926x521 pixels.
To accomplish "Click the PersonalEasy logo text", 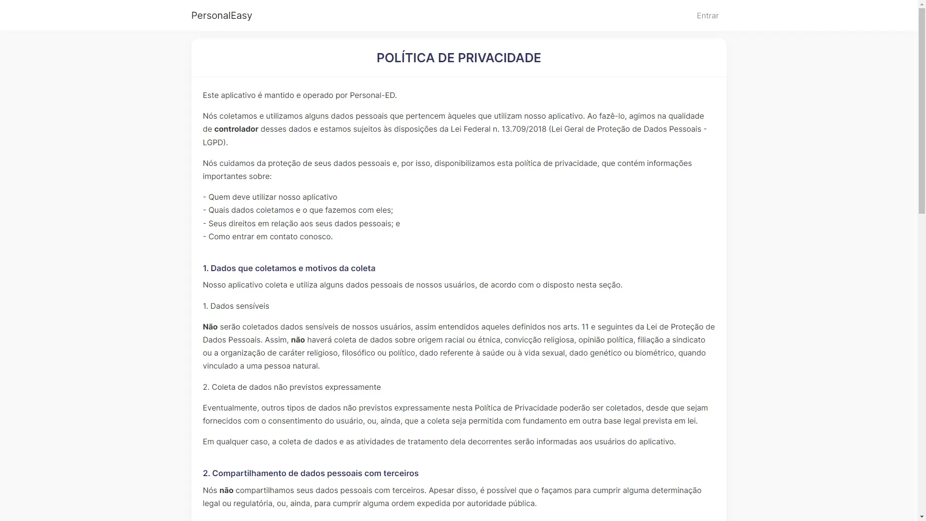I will coord(221,15).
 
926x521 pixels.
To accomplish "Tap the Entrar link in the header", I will coord(708,16).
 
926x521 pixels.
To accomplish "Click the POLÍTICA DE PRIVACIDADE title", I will coord(459,58).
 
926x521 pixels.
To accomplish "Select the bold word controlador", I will coord(236,129).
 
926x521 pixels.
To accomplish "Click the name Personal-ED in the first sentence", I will coord(372,96).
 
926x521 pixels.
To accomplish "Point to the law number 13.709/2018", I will coord(524,129).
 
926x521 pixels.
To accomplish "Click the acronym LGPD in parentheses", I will coord(213,143).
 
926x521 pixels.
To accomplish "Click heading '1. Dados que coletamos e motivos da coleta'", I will coord(289,269).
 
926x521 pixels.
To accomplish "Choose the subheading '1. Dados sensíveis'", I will coord(236,306).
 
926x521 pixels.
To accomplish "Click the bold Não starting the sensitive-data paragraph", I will coord(210,327).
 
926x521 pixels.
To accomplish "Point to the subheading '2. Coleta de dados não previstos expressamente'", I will coord(292,387).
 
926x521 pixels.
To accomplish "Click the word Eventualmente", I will coord(230,408).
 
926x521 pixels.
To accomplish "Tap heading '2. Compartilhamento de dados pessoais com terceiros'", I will coord(311,474).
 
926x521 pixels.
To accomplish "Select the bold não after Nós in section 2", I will coord(226,491).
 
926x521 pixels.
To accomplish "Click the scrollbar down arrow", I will coord(922,517).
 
